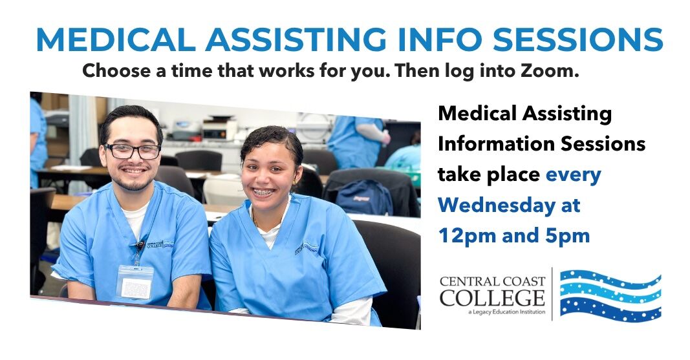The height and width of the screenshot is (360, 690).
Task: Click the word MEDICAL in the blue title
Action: (116, 39)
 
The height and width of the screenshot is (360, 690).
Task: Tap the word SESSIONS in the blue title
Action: (577, 39)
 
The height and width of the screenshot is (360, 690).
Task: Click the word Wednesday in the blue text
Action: (497, 206)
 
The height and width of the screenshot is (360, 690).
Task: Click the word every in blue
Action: (574, 175)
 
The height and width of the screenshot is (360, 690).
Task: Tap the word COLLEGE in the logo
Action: (492, 298)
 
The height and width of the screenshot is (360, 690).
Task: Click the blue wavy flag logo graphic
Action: (610, 295)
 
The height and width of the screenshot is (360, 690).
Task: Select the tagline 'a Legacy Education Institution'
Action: (507, 312)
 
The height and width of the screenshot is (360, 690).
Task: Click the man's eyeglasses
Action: (133, 151)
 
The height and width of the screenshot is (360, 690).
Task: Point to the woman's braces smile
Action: (264, 192)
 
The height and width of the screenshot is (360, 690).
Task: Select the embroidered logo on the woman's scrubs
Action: (307, 248)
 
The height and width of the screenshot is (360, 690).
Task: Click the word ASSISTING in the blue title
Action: (296, 39)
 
